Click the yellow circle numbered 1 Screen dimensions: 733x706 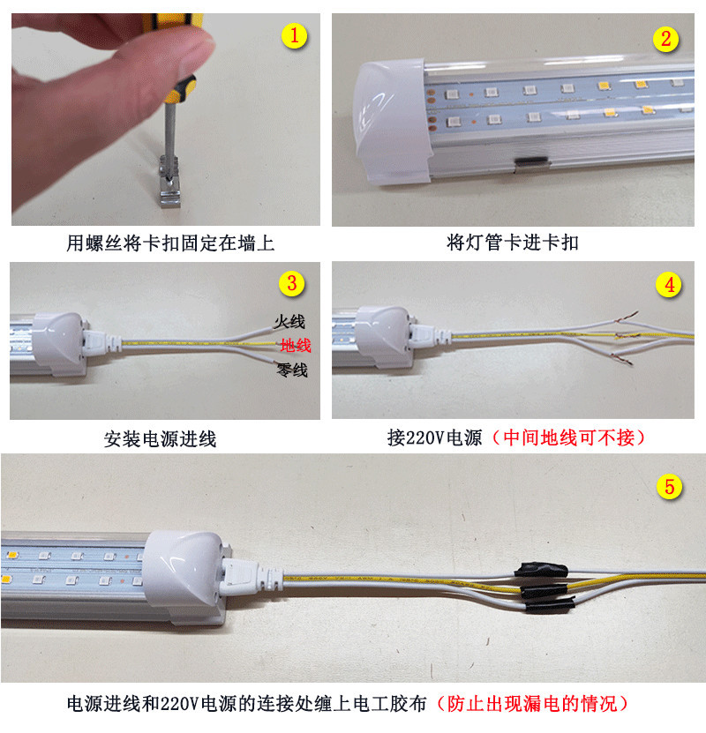(294, 36)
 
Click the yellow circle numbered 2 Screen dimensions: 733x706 (665, 39)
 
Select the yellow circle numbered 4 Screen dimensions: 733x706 (669, 284)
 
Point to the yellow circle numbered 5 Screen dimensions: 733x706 (671, 485)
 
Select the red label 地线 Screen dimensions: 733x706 (295, 345)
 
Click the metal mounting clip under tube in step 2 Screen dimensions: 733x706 (531, 163)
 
